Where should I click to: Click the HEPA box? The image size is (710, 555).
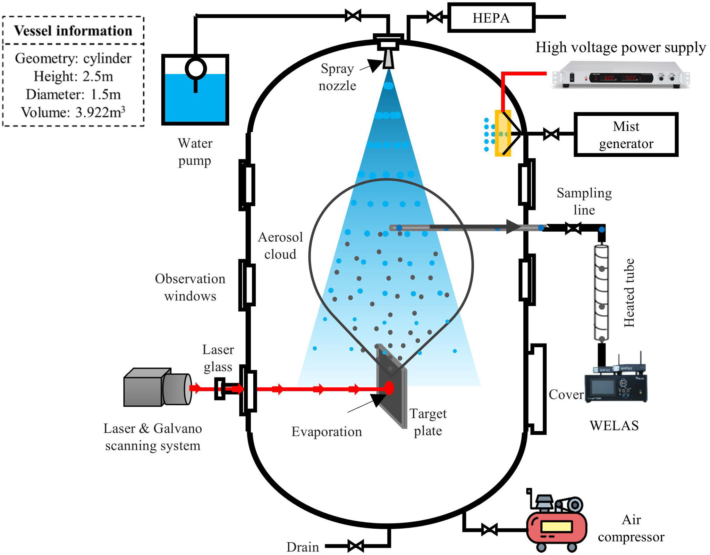tap(491, 18)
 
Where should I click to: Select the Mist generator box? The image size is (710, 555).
tap(626, 135)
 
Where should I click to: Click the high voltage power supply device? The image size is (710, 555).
tap(620, 75)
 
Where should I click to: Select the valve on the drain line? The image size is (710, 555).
tap(356, 546)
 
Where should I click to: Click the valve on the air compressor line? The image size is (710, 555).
tap(489, 530)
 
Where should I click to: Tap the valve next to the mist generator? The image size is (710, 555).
tap(551, 134)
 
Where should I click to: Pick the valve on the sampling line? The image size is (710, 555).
tap(573, 229)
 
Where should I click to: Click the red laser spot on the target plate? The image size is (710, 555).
tap(389, 388)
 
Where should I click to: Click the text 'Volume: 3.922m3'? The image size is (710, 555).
tap(73, 113)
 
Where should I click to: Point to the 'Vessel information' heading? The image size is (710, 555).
tap(73, 31)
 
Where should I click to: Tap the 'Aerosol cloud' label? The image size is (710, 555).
tap(280, 246)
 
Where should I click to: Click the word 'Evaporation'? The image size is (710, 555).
tap(327, 432)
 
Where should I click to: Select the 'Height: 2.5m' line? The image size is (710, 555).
tap(73, 76)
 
